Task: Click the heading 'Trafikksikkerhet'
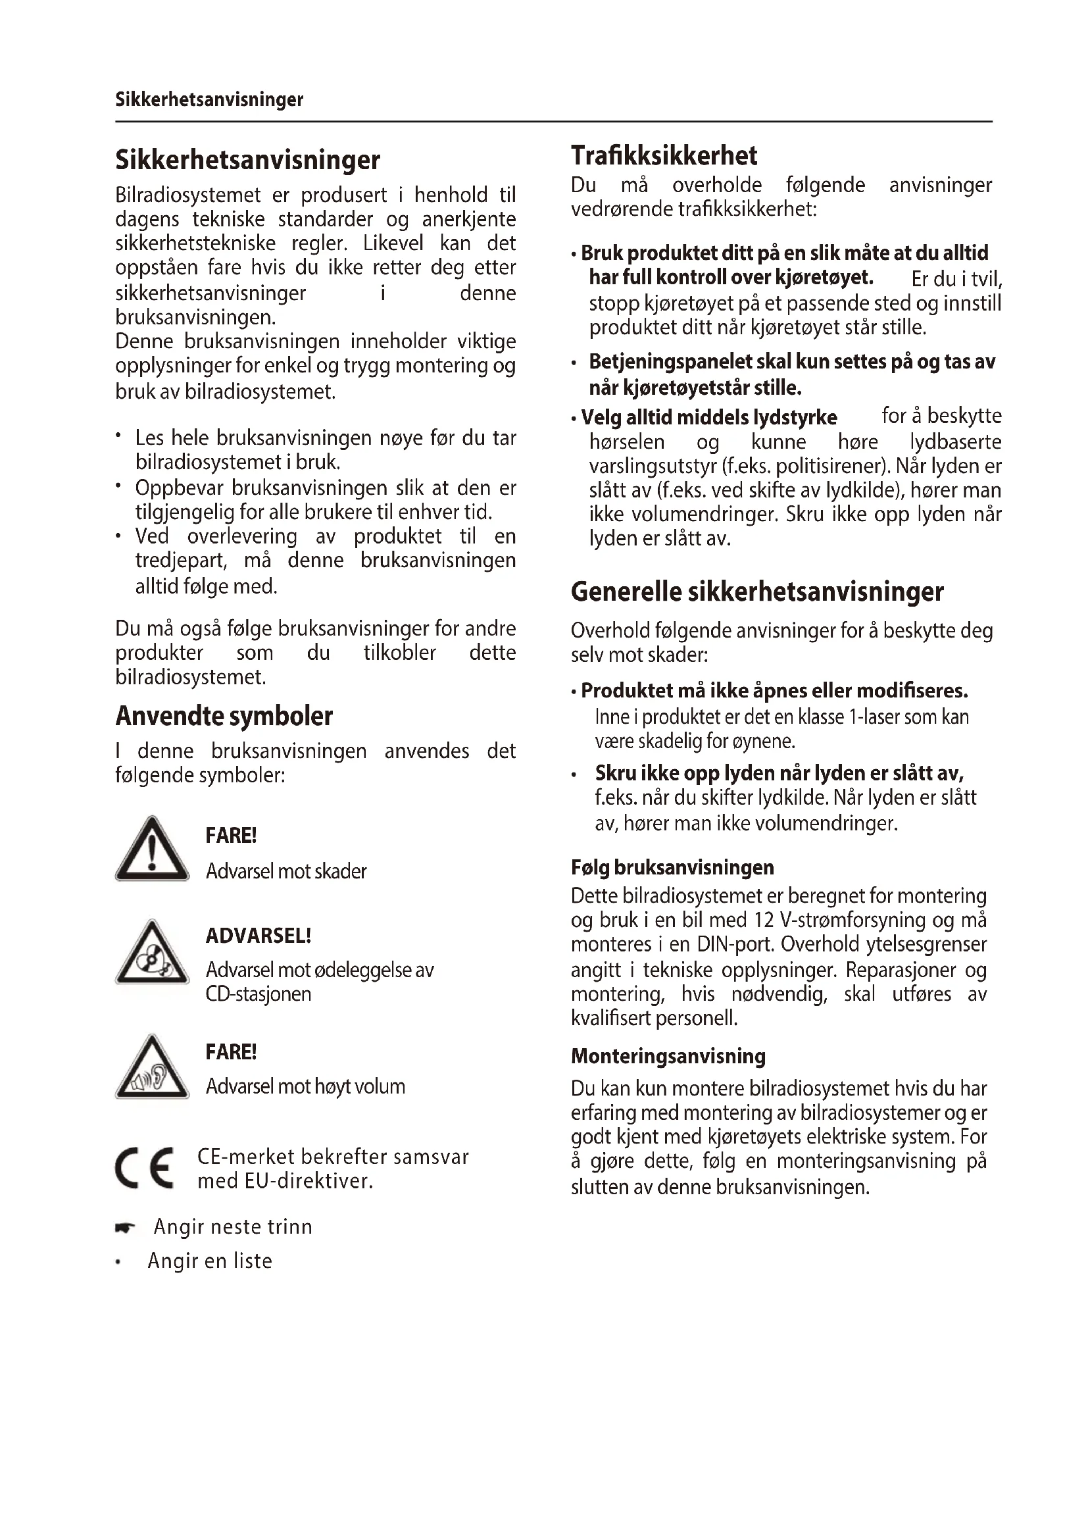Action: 663,155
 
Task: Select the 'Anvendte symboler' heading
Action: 224,716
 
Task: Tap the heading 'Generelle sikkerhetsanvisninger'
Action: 757,592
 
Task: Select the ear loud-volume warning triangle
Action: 152,1069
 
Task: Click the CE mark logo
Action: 144,1169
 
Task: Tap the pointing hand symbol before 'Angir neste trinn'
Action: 124,1228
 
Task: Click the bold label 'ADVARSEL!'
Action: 258,936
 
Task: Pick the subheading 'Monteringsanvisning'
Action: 668,1057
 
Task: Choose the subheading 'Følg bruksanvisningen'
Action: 672,867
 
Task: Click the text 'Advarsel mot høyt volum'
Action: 305,1086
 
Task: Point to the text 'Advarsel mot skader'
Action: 286,871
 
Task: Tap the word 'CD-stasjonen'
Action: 258,994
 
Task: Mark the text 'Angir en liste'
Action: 210,1261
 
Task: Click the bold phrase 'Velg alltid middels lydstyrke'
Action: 709,418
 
